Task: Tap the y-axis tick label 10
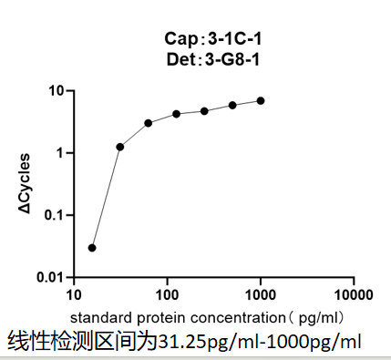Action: (55, 91)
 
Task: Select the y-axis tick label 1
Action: (58, 153)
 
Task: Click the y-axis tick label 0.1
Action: (54, 215)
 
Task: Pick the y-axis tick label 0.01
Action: (50, 277)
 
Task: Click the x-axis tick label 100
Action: (167, 296)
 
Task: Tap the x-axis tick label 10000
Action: (352, 296)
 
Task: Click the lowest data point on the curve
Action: (92, 247)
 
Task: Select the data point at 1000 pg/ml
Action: (261, 100)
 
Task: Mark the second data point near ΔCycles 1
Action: (120, 147)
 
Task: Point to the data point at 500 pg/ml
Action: (232, 105)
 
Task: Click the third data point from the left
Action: (148, 123)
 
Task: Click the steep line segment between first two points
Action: (106, 197)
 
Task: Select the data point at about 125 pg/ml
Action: (176, 114)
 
